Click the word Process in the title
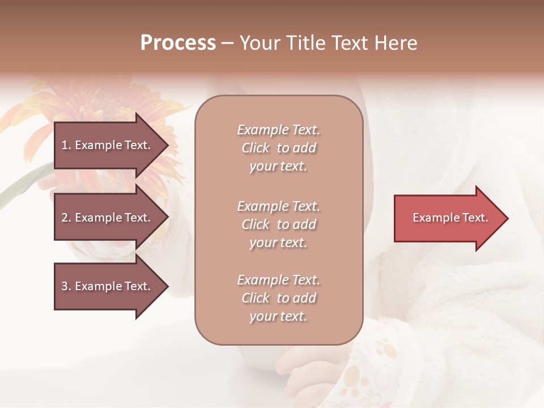coord(178,43)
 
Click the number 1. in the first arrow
coord(66,145)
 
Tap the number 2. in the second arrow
coord(66,218)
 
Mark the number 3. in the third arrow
coord(66,286)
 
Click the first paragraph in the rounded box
coord(278,148)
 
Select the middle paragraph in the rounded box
coord(278,224)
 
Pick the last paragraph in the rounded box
coord(278,298)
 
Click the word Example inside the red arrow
coord(432,218)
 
